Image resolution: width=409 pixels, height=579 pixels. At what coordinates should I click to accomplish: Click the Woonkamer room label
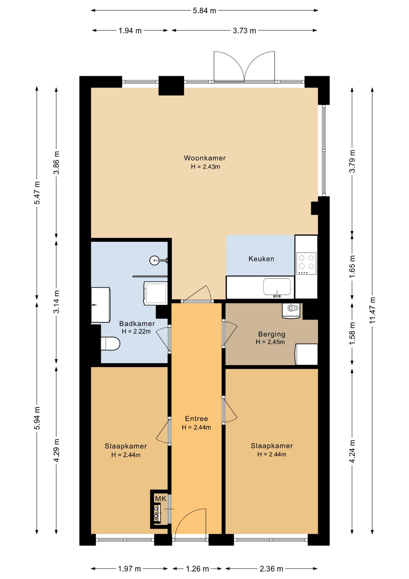pyautogui.click(x=205, y=158)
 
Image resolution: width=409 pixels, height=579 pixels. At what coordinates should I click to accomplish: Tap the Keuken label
pyautogui.click(x=261, y=259)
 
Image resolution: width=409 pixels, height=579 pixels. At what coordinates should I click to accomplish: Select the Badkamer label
pyautogui.click(x=137, y=324)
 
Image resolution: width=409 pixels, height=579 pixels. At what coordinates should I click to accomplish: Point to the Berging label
pyautogui.click(x=272, y=334)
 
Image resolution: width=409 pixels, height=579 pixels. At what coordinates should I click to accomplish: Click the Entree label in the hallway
pyautogui.click(x=196, y=419)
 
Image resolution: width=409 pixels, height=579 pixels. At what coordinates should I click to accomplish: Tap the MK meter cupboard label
pyautogui.click(x=161, y=499)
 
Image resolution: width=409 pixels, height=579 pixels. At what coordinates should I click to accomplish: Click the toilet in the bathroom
pyautogui.click(x=110, y=344)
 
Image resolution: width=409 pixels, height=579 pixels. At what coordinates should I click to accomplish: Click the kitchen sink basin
pyautogui.click(x=277, y=287)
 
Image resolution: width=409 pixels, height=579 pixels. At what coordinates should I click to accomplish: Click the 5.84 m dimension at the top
pyautogui.click(x=204, y=11)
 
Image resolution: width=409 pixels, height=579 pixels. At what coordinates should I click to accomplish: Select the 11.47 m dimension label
pyautogui.click(x=373, y=311)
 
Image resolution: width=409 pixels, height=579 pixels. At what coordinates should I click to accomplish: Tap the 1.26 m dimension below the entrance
pyautogui.click(x=197, y=569)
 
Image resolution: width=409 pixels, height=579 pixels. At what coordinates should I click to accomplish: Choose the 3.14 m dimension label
pyautogui.click(x=56, y=302)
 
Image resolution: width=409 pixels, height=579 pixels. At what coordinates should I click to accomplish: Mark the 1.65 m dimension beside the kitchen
pyautogui.click(x=352, y=267)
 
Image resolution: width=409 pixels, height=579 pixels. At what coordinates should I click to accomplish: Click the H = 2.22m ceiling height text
pyautogui.click(x=136, y=331)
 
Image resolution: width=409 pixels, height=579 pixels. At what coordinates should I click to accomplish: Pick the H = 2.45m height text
pyautogui.click(x=270, y=342)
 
